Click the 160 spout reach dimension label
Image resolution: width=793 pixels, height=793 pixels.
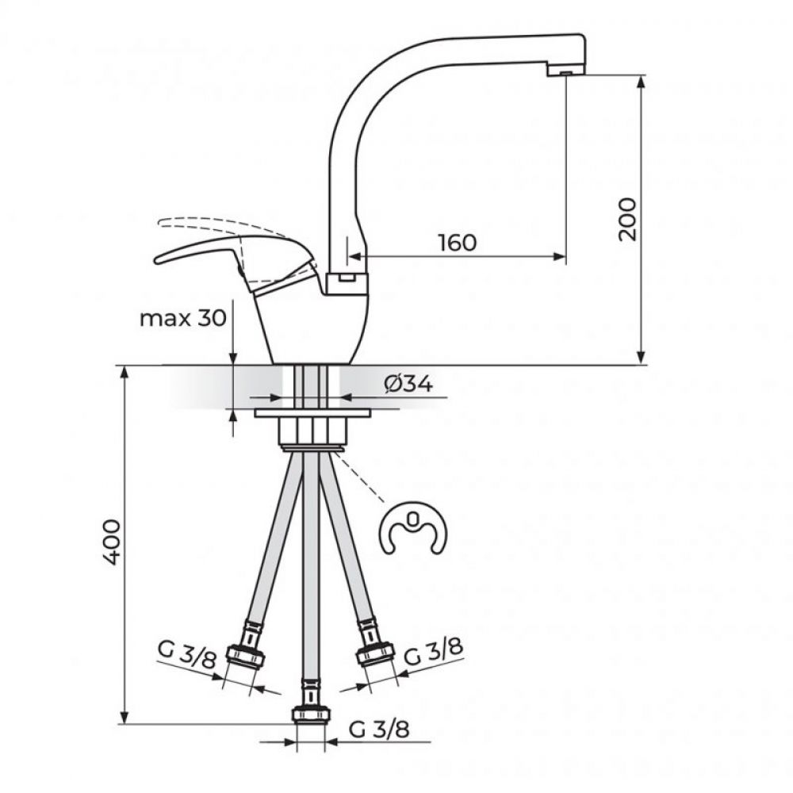(458, 243)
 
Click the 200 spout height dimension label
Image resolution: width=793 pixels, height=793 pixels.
(627, 219)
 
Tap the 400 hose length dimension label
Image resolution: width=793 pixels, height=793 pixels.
(111, 542)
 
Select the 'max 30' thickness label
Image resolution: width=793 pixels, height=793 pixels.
(182, 319)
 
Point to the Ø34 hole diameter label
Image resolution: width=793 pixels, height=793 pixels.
(408, 385)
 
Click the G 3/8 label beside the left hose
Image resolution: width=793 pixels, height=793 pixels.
(187, 654)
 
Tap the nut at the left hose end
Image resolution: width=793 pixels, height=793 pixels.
(245, 656)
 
